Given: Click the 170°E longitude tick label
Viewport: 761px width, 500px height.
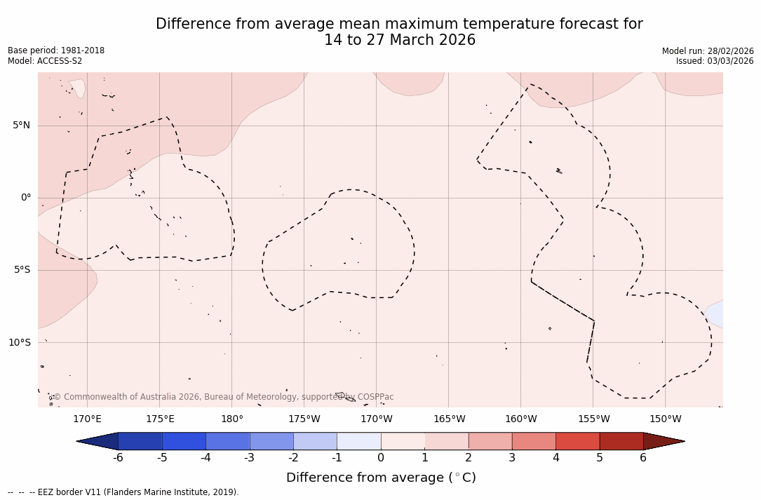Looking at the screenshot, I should (x=87, y=419).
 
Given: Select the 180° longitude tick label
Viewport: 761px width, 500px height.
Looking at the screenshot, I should (x=232, y=419).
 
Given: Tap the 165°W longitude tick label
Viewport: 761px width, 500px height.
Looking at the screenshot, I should (x=449, y=419).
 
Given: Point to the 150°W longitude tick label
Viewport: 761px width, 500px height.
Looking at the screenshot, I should (x=666, y=419).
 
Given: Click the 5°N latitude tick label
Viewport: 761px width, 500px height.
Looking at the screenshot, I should (x=21, y=126).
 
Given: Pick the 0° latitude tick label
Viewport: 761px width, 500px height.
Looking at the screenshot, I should (x=26, y=198).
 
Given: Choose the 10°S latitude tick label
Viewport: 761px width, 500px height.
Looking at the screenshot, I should (x=20, y=343).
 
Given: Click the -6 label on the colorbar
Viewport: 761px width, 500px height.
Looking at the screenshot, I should (x=118, y=458).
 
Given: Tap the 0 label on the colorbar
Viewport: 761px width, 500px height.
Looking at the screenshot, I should (x=381, y=458).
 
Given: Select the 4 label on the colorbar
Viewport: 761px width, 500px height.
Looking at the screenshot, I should (x=555, y=458).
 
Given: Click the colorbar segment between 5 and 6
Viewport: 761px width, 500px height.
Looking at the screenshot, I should (x=621, y=441).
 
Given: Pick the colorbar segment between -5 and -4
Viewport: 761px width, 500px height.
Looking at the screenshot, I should (x=184, y=441).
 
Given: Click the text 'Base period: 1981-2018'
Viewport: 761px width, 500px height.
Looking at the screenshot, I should (x=56, y=50).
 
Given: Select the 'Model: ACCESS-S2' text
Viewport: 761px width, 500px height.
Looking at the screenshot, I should (x=45, y=61).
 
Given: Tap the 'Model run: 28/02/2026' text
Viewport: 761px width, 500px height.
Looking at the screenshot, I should (x=708, y=51).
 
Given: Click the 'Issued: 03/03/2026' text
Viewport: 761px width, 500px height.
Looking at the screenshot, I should (x=715, y=61).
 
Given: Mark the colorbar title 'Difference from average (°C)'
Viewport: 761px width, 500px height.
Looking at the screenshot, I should (x=381, y=478).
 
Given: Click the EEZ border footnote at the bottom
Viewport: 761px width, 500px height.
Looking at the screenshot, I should (x=123, y=492).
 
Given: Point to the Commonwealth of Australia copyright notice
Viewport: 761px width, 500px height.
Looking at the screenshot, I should (x=224, y=397).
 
